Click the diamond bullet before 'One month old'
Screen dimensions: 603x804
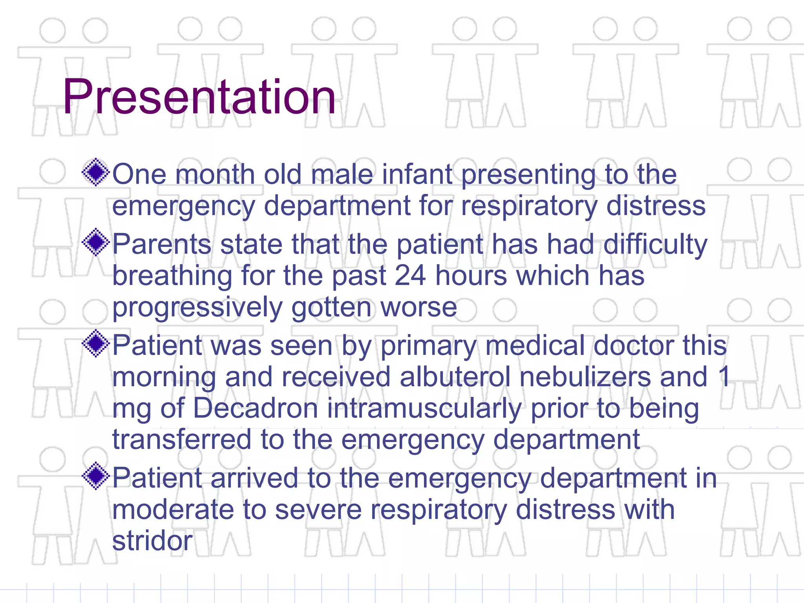tap(96, 172)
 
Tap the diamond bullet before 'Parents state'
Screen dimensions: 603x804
tap(96, 242)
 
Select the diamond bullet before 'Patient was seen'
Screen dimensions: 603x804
tap(96, 344)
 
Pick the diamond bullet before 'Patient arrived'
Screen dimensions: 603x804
tap(96, 476)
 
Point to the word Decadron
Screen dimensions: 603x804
tap(255, 408)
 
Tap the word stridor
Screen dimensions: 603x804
tap(152, 541)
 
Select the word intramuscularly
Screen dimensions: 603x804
tap(424, 409)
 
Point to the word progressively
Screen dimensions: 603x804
tap(197, 307)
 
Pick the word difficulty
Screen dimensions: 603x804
tap(655, 245)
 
